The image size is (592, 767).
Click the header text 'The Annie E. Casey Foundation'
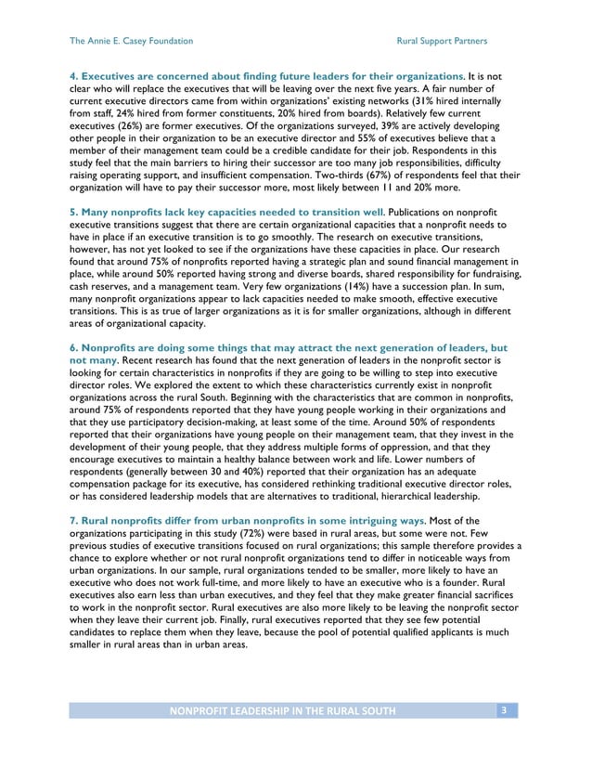[x=132, y=41]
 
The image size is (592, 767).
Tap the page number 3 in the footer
[x=503, y=711]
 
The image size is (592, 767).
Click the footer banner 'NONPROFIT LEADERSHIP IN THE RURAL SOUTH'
[x=280, y=711]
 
